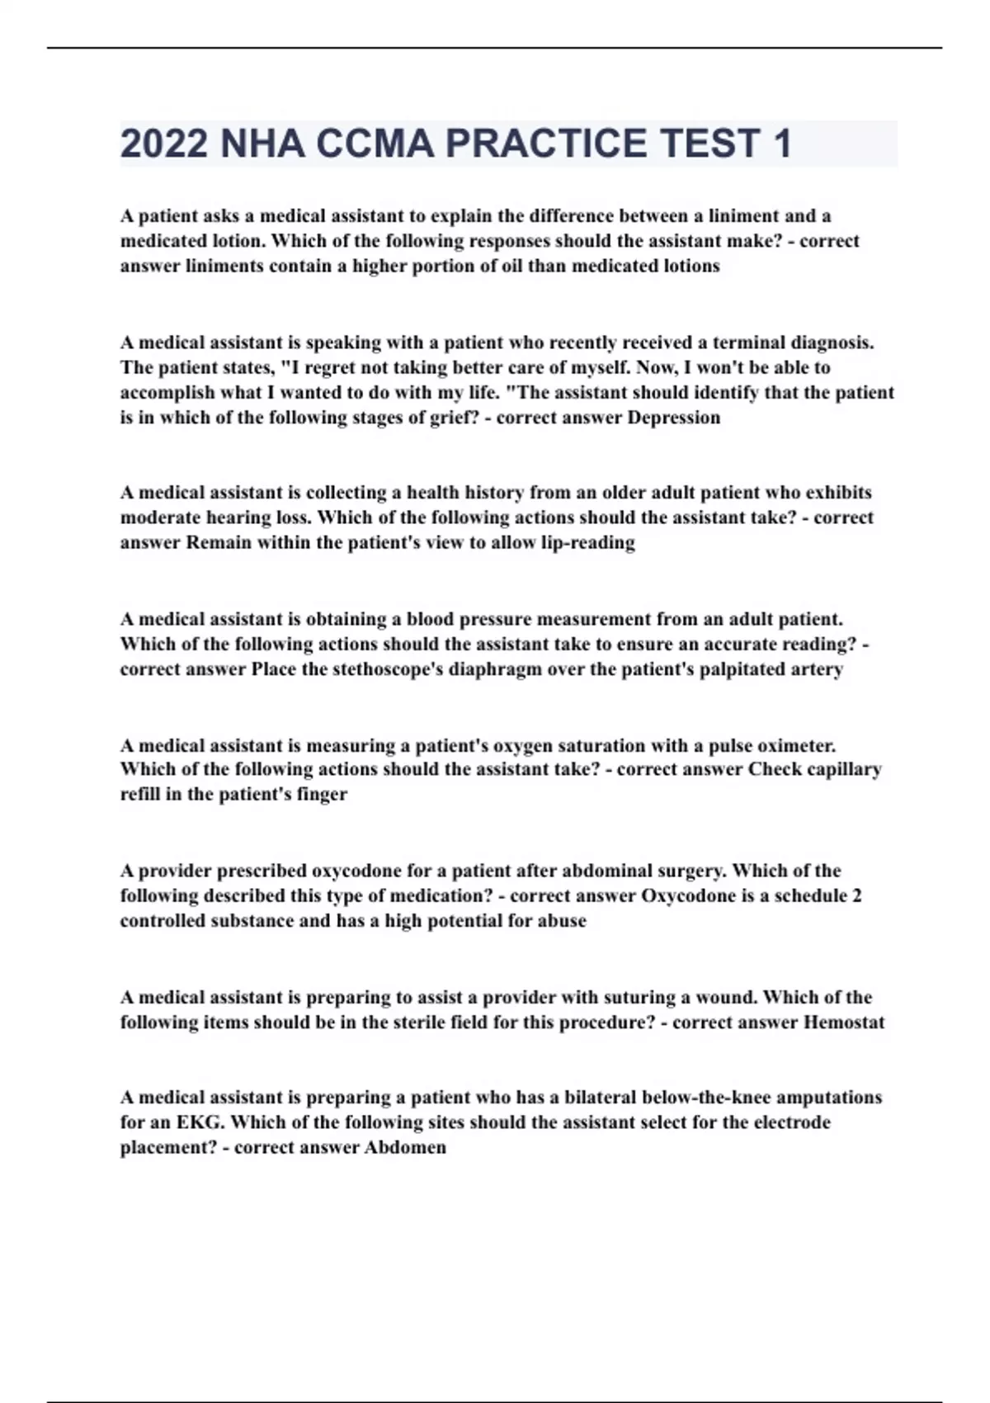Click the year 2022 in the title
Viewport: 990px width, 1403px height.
click(x=163, y=144)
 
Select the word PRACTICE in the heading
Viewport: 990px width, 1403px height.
click(x=547, y=144)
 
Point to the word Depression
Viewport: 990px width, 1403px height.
click(x=674, y=418)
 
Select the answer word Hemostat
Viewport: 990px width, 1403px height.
click(x=843, y=1023)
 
